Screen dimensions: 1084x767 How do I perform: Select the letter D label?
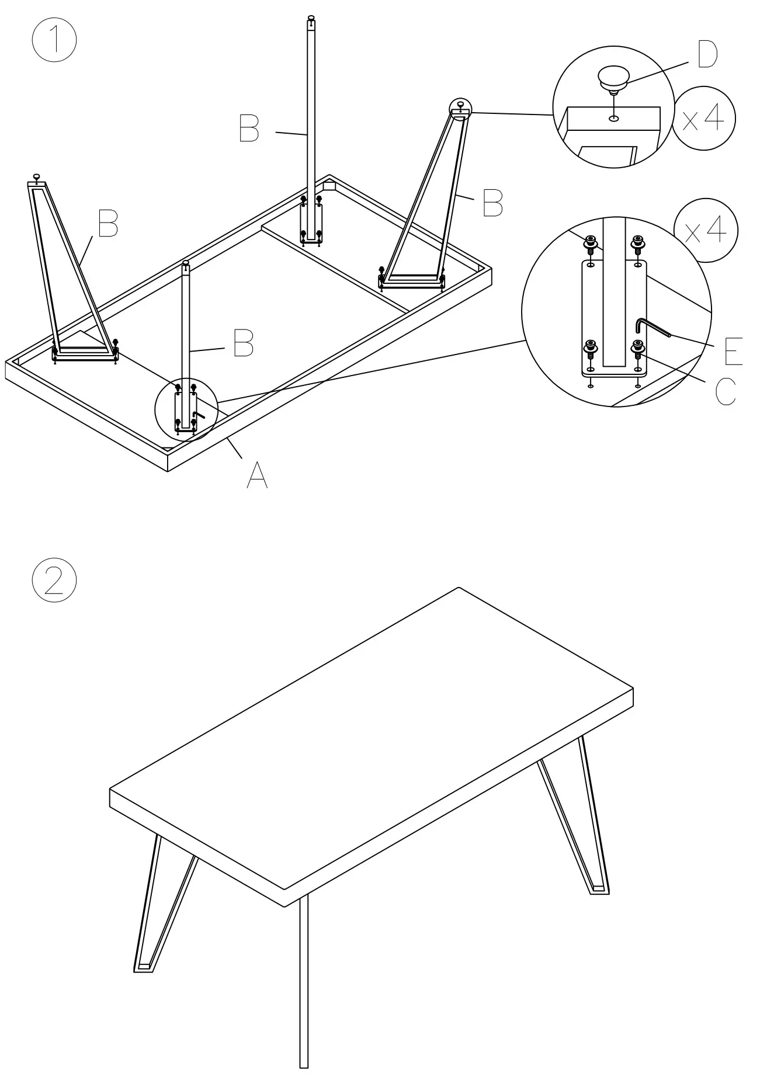tap(707, 55)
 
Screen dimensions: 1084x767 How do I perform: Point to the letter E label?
tap(733, 350)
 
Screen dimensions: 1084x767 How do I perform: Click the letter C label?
tap(726, 391)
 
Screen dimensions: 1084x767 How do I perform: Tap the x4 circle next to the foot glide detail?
tap(703, 119)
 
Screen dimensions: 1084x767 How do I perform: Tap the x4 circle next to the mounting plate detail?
tap(705, 231)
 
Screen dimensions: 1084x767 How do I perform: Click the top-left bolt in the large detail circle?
tap(591, 242)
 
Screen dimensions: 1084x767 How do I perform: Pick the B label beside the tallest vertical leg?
tap(249, 128)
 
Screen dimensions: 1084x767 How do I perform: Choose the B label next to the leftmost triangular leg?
tap(108, 223)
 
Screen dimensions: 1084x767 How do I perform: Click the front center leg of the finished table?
tap(304, 987)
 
